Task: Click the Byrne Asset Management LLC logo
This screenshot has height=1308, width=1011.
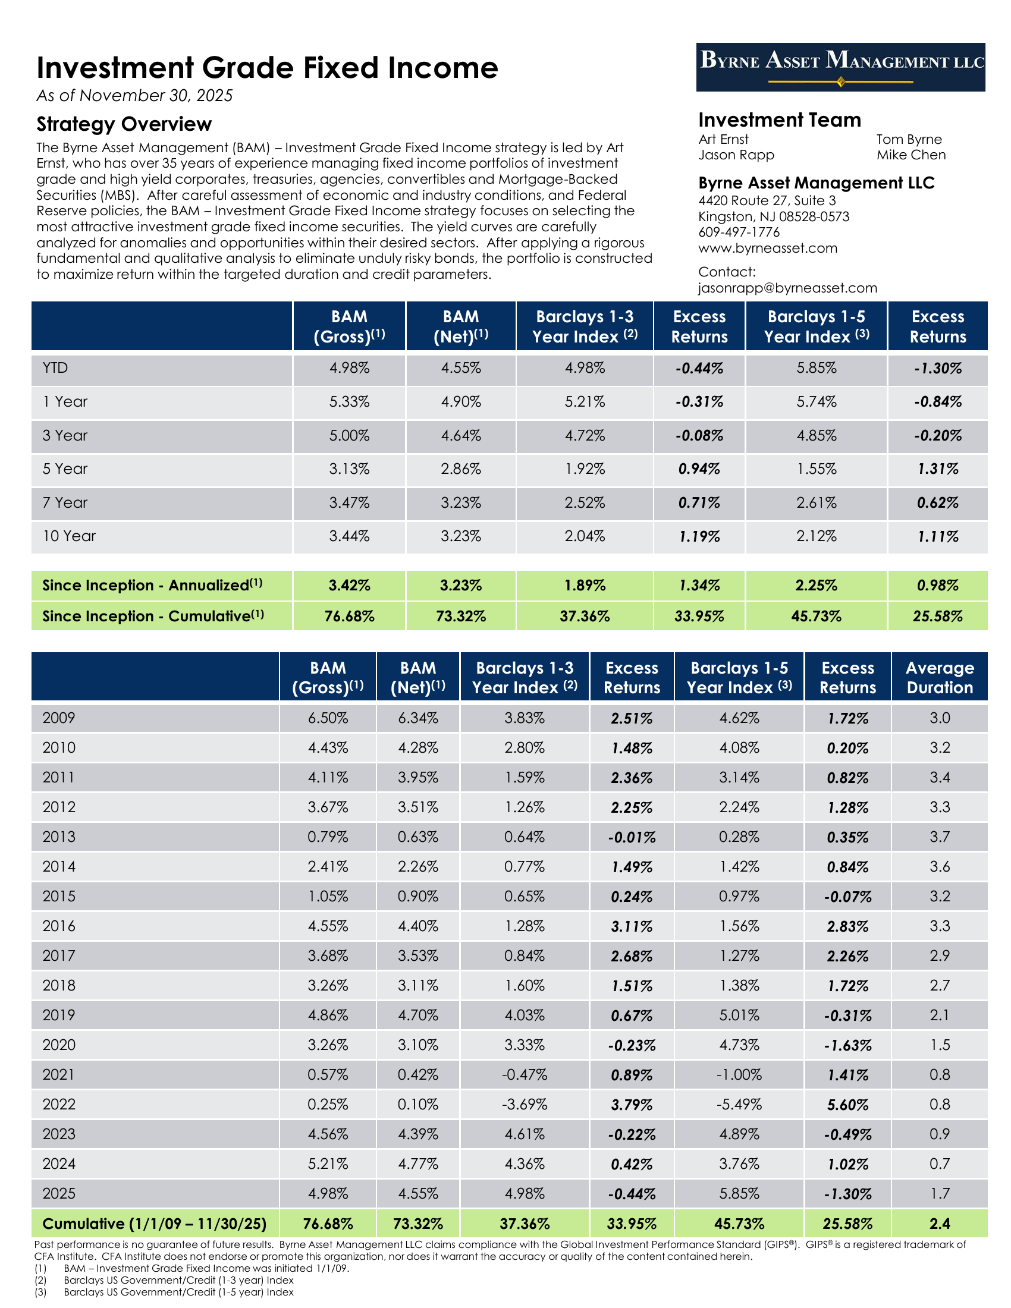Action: click(x=840, y=67)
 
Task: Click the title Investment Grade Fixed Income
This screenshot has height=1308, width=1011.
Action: click(x=267, y=68)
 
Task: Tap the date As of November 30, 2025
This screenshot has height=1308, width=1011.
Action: click(x=135, y=96)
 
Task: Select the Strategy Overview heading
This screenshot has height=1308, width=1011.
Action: click(x=124, y=124)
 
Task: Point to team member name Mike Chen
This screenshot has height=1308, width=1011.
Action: click(x=911, y=155)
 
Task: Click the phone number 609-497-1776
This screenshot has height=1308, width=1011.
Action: click(x=739, y=232)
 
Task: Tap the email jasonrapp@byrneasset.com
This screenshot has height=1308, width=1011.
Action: click(x=787, y=288)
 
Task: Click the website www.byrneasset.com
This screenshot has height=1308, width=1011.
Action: click(x=767, y=248)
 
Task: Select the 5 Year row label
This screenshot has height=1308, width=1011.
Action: click(x=65, y=469)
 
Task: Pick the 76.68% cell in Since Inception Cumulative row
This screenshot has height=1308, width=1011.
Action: click(x=349, y=617)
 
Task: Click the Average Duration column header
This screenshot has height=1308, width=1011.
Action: click(x=939, y=677)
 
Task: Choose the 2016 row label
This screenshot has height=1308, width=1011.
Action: click(x=59, y=926)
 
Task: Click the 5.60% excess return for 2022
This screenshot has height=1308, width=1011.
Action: click(x=847, y=1105)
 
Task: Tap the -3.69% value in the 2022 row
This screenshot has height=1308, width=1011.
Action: click(x=524, y=1105)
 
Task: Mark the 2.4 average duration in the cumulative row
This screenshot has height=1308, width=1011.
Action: click(x=939, y=1224)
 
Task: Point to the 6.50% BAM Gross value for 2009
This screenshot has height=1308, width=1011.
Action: click(x=328, y=718)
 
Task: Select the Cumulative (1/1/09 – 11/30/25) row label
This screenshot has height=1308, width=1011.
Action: click(x=155, y=1224)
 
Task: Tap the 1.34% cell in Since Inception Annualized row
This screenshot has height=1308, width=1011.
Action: click(x=699, y=586)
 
